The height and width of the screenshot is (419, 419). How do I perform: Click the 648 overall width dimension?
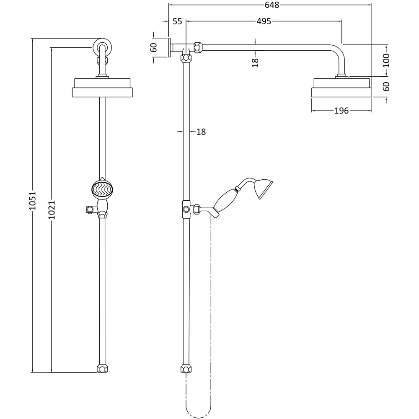pyautogui.click(x=272, y=5)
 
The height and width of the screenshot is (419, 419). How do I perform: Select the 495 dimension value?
pyautogui.click(x=264, y=21)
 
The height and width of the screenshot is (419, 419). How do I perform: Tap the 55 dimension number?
pyautogui.click(x=177, y=21)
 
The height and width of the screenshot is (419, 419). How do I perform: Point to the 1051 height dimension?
pyautogui.click(x=32, y=200)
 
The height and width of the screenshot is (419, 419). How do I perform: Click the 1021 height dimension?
pyautogui.click(x=52, y=210)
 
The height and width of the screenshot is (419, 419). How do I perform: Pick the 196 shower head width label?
pyautogui.click(x=341, y=111)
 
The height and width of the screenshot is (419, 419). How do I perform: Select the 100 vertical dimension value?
pyautogui.click(x=386, y=60)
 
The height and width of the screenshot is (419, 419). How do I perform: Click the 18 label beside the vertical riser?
pyautogui.click(x=201, y=132)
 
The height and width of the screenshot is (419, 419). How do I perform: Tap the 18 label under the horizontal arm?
pyautogui.click(x=256, y=63)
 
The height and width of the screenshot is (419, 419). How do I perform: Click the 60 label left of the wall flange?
pyautogui.click(x=154, y=48)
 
